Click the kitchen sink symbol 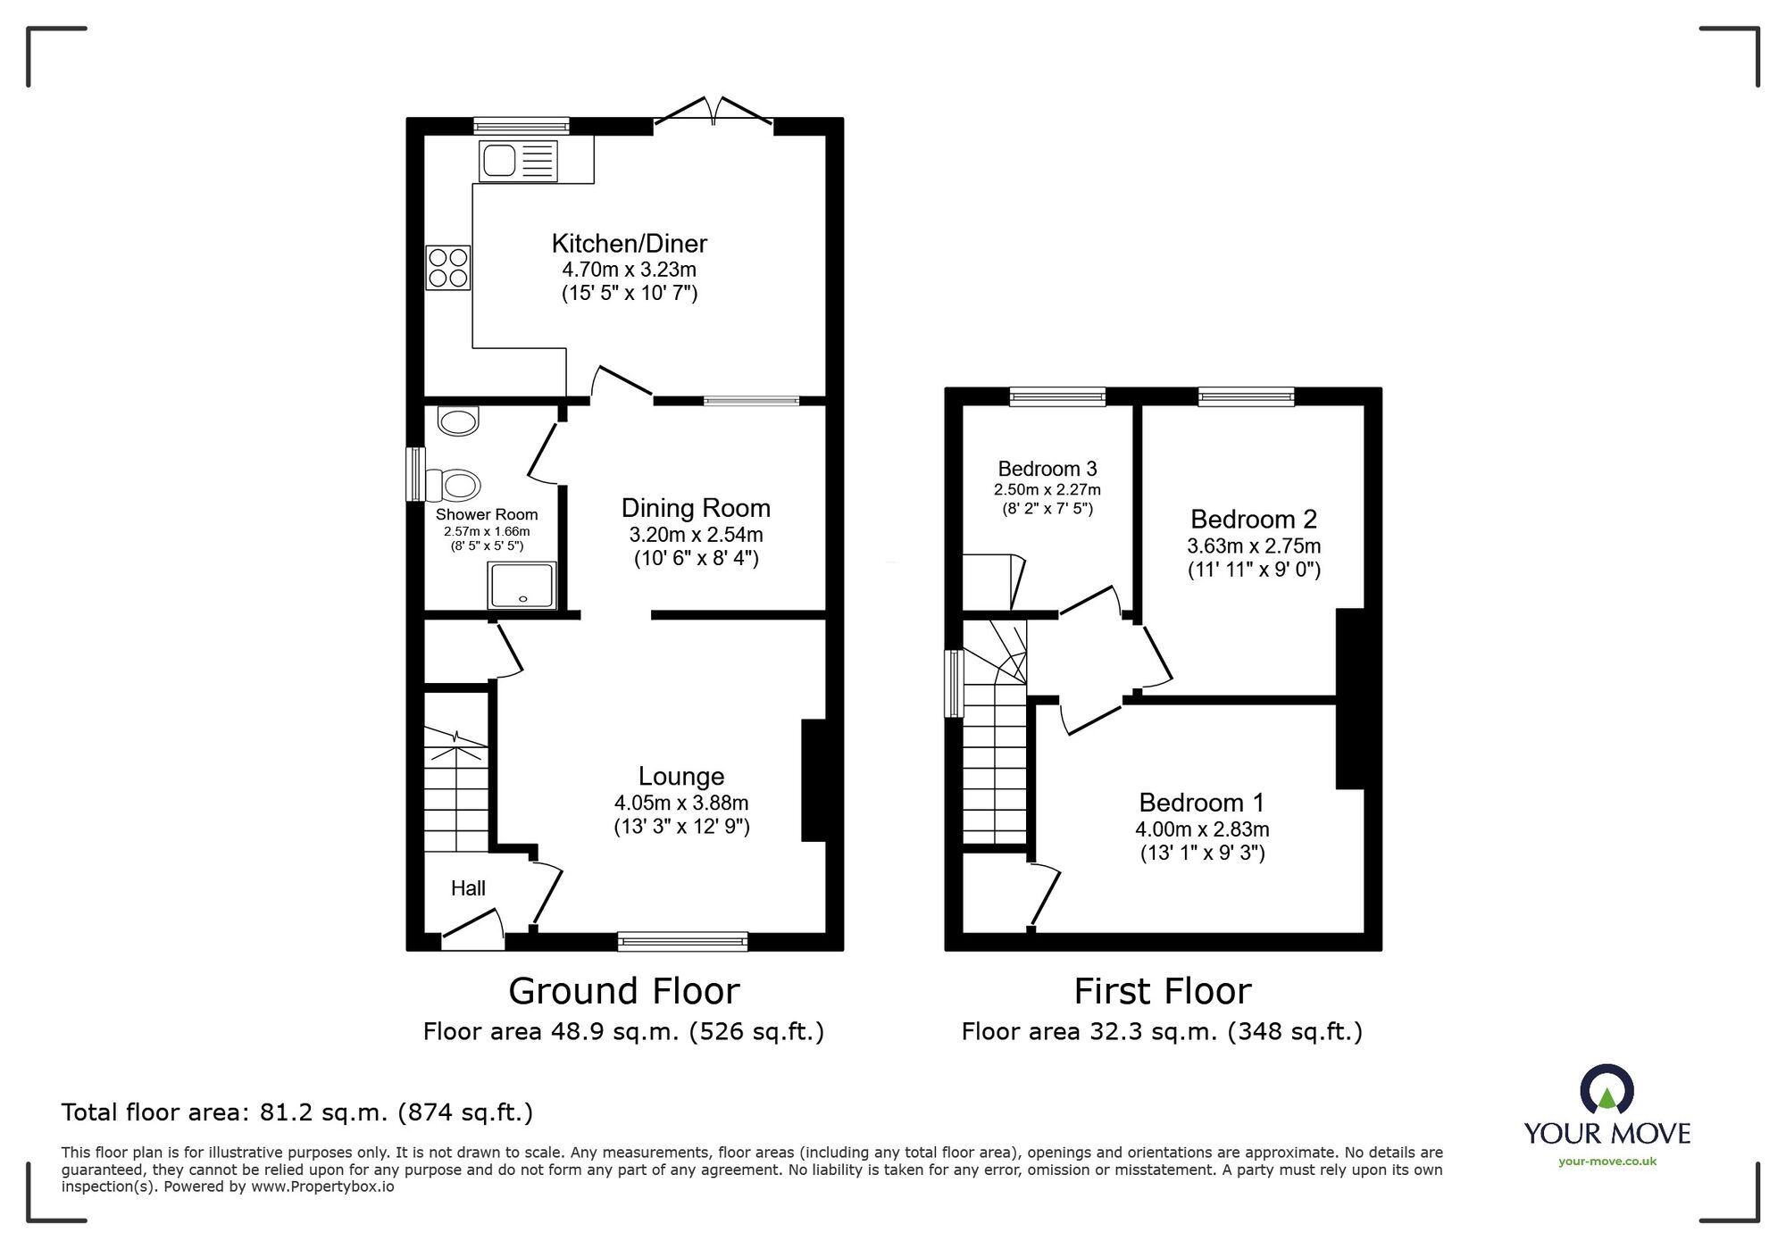point(518,162)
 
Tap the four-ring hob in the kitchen point(448,268)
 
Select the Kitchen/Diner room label point(629,243)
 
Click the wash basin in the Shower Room point(458,421)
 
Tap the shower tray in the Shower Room point(522,586)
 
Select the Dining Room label point(696,508)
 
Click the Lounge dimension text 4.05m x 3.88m point(680,803)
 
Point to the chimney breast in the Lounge point(814,780)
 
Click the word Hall point(468,888)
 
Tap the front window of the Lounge point(682,940)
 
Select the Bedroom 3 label point(1047,469)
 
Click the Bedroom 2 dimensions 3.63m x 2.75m point(1253,545)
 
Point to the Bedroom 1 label point(1201,803)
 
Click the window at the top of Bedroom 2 point(1246,396)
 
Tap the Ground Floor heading point(623,991)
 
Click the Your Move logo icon point(1607,1089)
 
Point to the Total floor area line point(296,1112)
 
